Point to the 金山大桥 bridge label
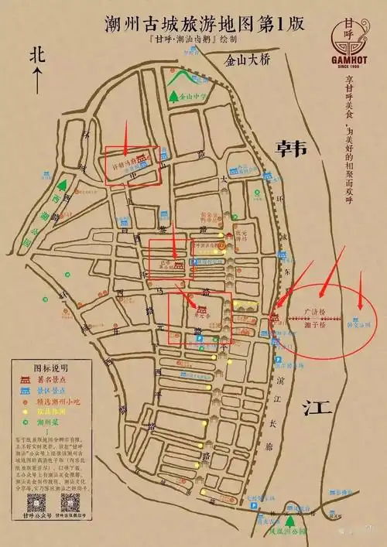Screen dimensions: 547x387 click(246, 59)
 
